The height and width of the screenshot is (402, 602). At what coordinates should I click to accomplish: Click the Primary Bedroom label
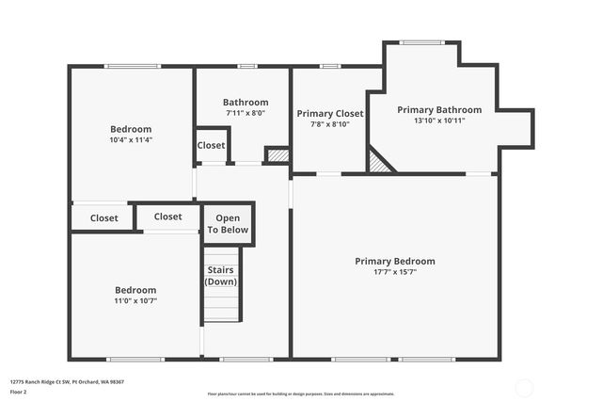pyautogui.click(x=394, y=261)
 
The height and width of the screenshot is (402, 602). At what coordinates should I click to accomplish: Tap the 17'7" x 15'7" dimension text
pyautogui.click(x=394, y=272)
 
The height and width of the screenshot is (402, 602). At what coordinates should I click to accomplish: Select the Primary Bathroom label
pyautogui.click(x=438, y=110)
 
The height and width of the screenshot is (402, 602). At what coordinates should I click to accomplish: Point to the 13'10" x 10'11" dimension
pyautogui.click(x=438, y=121)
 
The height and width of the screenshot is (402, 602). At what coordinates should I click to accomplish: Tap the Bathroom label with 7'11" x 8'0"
pyautogui.click(x=245, y=103)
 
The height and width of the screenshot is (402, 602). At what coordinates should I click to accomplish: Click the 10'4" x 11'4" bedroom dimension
pyautogui.click(x=131, y=139)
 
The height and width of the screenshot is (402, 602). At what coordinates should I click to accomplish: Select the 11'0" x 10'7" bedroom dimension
pyautogui.click(x=135, y=301)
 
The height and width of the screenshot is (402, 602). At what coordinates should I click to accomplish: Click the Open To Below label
pyautogui.click(x=228, y=224)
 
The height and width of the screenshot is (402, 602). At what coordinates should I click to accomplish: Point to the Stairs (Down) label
pyautogui.click(x=221, y=276)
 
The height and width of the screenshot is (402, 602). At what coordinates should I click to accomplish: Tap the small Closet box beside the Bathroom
pyautogui.click(x=211, y=146)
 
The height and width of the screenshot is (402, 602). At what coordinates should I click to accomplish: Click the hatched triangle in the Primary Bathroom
pyautogui.click(x=378, y=163)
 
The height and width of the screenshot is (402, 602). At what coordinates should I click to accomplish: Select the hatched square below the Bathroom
pyautogui.click(x=277, y=155)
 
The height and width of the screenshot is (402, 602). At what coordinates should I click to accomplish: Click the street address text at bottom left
pyautogui.click(x=67, y=381)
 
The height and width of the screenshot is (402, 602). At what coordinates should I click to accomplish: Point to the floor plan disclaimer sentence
pyautogui.click(x=300, y=394)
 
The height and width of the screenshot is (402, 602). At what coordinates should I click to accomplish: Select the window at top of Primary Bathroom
pyautogui.click(x=420, y=42)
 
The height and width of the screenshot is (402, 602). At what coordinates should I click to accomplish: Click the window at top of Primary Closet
pyautogui.click(x=329, y=66)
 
